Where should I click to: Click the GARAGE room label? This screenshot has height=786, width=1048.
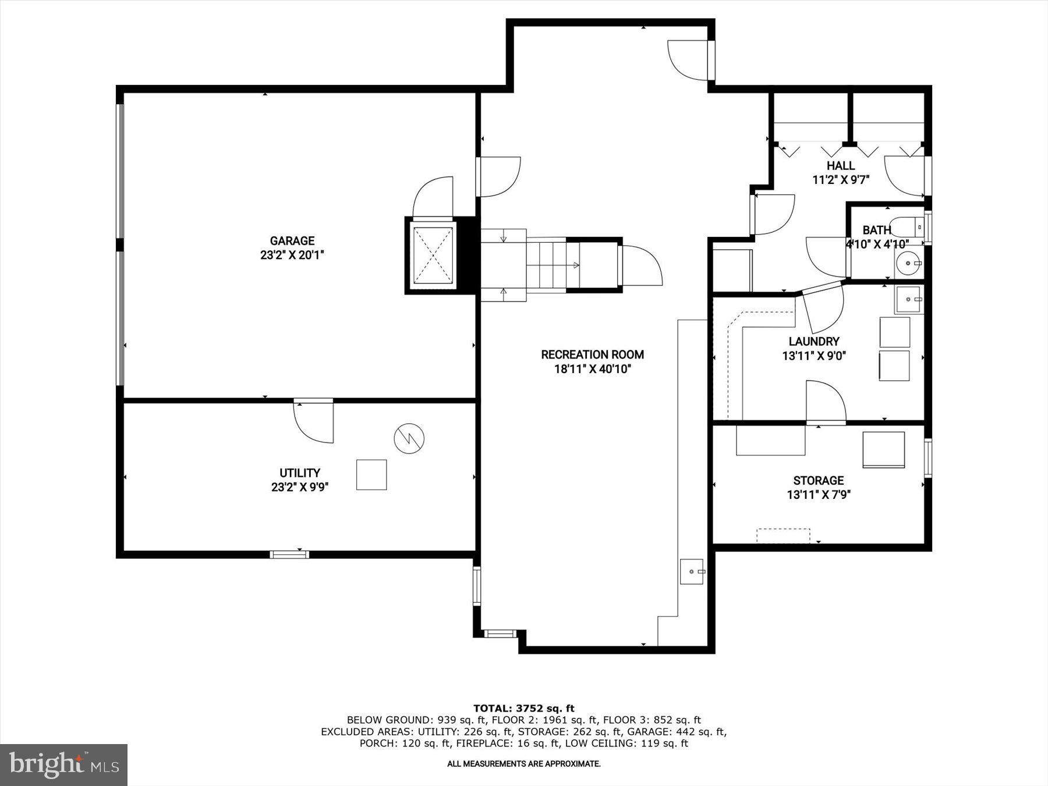point(292,240)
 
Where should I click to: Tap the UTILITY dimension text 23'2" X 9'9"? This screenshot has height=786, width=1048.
point(300,487)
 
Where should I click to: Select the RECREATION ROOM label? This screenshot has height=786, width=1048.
point(592,355)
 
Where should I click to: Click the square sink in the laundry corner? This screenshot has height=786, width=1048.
point(909,300)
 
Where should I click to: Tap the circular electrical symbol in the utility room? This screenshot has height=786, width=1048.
point(409,438)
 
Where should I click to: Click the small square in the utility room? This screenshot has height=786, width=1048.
point(371,475)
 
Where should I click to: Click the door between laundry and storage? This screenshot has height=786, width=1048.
point(825,402)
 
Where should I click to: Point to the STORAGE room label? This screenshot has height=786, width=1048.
point(818,480)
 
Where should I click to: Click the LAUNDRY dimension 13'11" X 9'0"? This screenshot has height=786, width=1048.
point(813,356)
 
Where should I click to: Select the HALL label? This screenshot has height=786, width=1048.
point(840,166)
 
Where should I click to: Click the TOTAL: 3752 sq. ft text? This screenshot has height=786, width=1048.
point(523,709)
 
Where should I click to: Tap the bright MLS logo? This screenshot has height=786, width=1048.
point(63,764)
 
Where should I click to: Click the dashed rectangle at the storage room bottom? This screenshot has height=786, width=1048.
point(783,535)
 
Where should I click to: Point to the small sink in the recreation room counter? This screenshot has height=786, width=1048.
point(692,572)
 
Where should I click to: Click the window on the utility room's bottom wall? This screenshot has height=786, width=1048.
point(289,554)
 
